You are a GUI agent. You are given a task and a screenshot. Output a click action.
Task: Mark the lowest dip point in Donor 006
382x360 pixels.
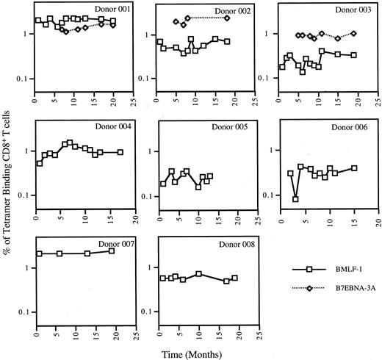(295, 199)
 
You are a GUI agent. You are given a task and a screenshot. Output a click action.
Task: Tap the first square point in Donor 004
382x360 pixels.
(40, 163)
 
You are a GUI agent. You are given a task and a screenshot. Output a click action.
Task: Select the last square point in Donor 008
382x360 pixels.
(234, 278)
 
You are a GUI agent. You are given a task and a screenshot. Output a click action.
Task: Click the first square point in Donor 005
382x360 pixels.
(163, 184)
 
